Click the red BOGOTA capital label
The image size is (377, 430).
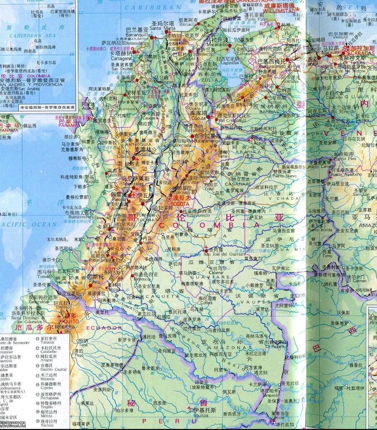point(180,204)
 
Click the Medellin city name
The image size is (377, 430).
point(141,155)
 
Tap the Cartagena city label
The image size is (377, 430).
point(121,59)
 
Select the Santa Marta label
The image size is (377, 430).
point(162,28)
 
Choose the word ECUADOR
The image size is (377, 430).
point(104,328)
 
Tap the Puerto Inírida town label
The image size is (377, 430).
point(318,230)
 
